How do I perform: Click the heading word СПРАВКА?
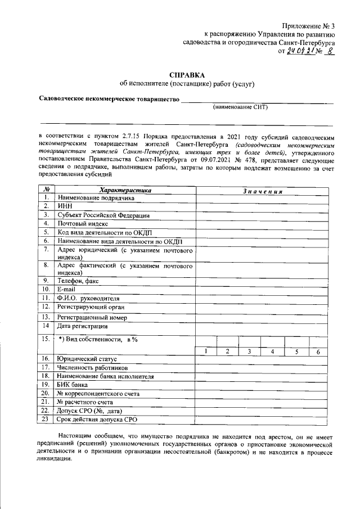click(x=187, y=74)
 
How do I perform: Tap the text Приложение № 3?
click(x=308, y=26)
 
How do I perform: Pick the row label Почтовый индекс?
click(x=83, y=223)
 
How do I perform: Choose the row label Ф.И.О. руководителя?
click(x=89, y=298)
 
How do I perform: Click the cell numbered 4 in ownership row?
click(x=272, y=352)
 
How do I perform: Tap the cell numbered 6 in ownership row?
click(x=318, y=352)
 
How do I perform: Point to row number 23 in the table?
click(x=46, y=419)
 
